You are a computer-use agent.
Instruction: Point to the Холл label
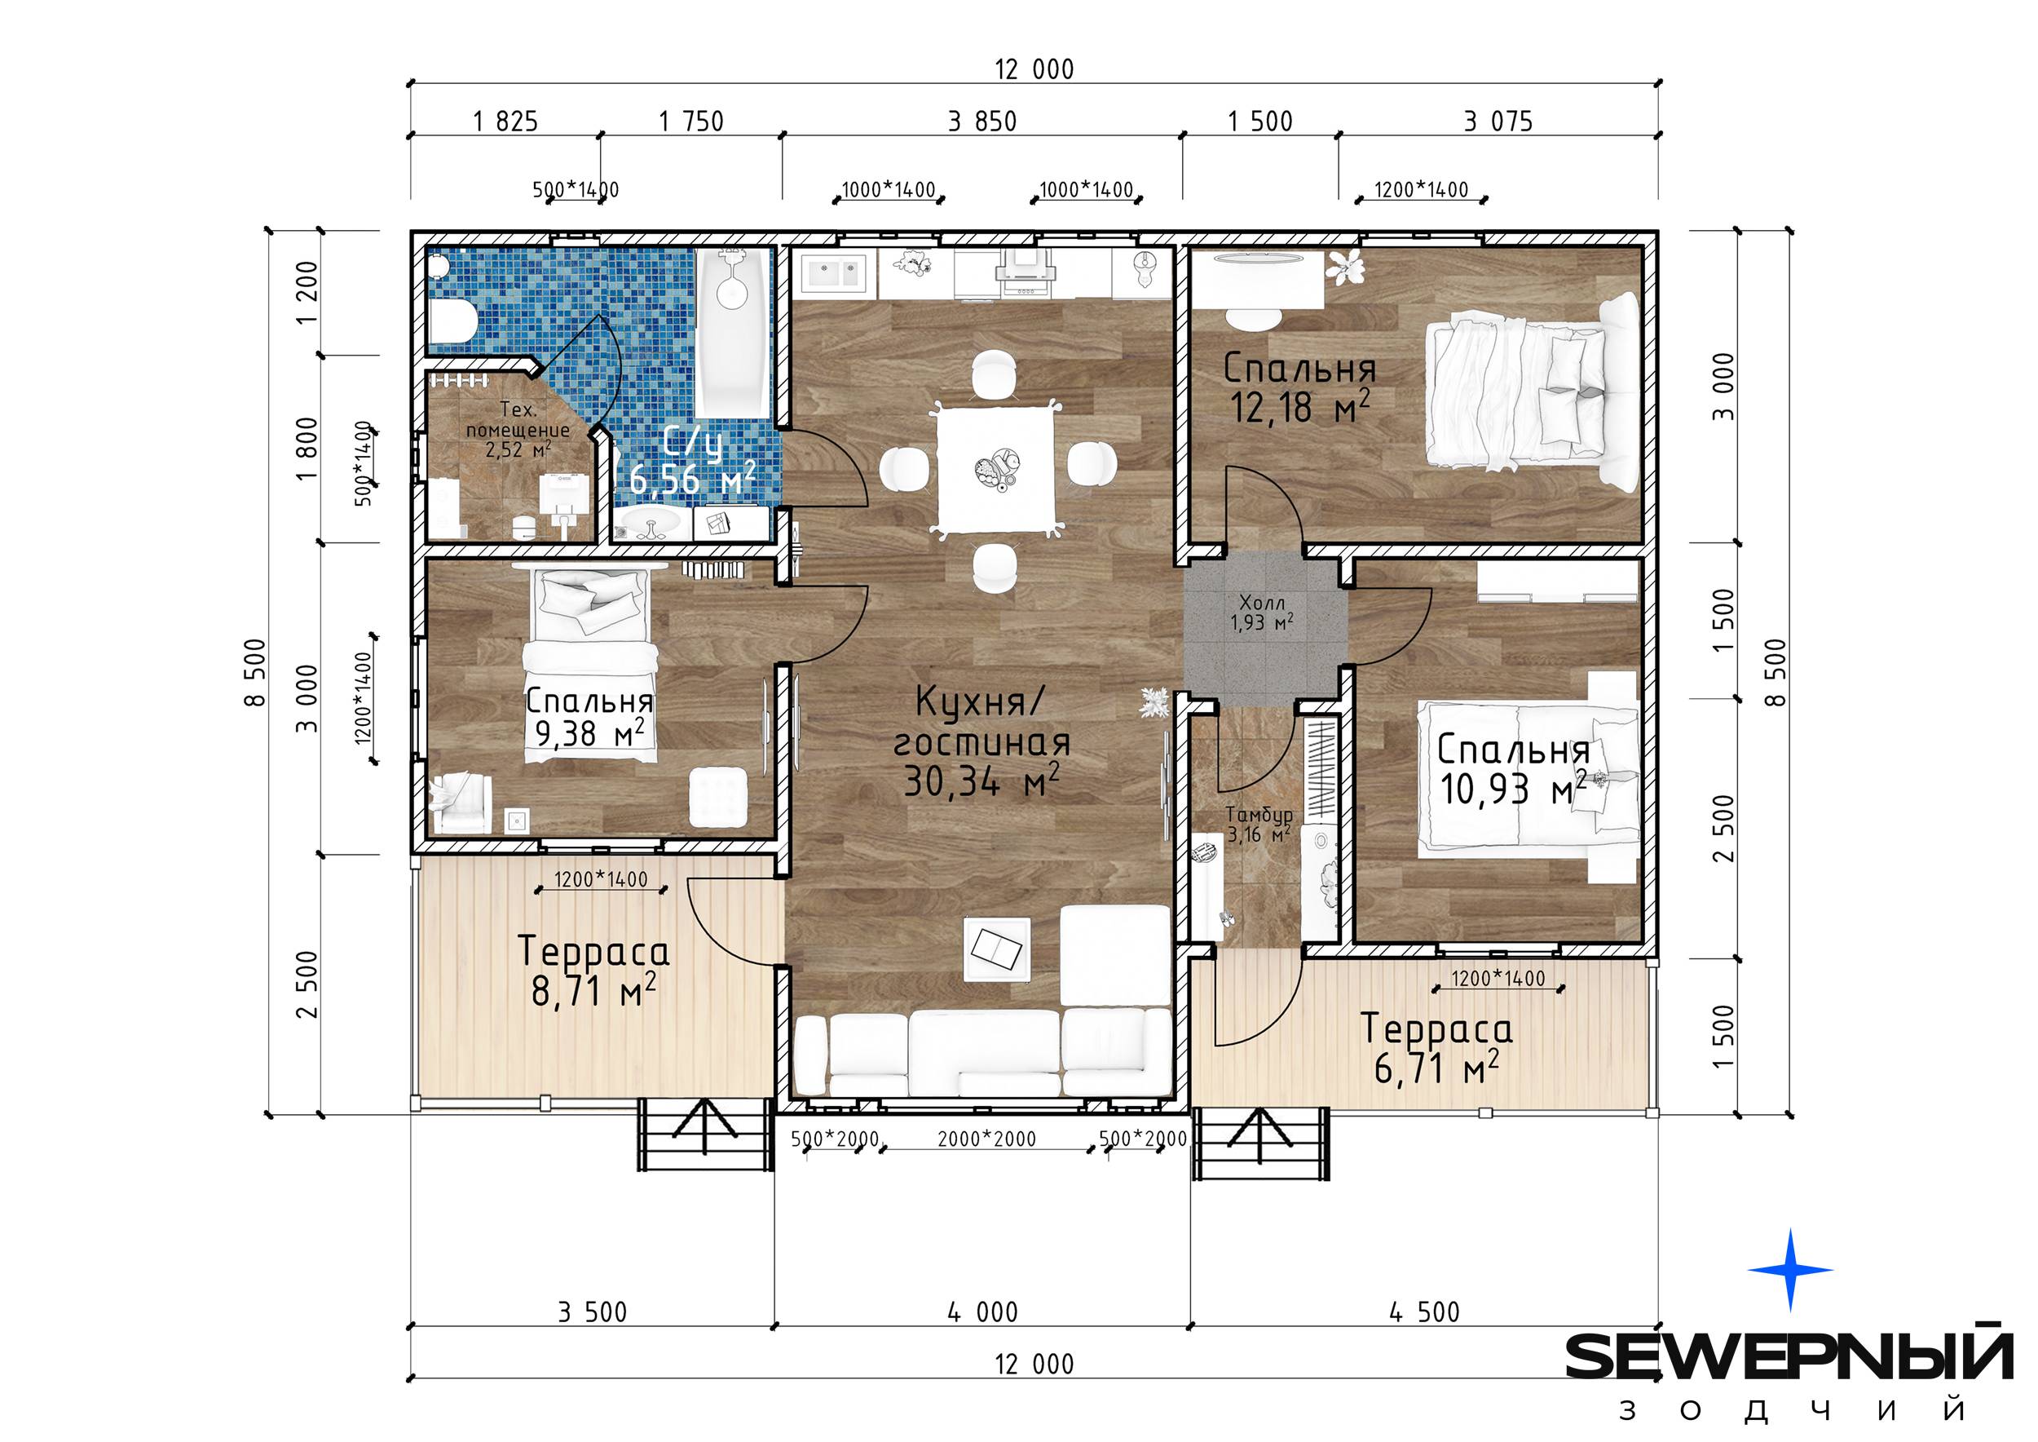click(x=1262, y=604)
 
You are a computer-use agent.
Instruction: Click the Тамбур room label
click(x=1259, y=814)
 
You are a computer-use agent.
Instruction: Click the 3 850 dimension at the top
click(x=982, y=121)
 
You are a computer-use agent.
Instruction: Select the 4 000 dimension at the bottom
click(x=982, y=1312)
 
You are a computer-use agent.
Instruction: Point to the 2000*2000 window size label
click(x=987, y=1139)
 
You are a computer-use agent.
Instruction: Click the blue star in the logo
click(x=1790, y=1270)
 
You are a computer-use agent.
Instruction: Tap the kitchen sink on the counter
click(x=832, y=273)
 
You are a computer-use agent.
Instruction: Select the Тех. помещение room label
click(x=518, y=429)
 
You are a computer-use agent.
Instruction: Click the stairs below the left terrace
click(x=703, y=1135)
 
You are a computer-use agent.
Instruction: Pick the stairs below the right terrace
click(x=1261, y=1143)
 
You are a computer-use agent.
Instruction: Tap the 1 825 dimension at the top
click(x=505, y=121)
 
